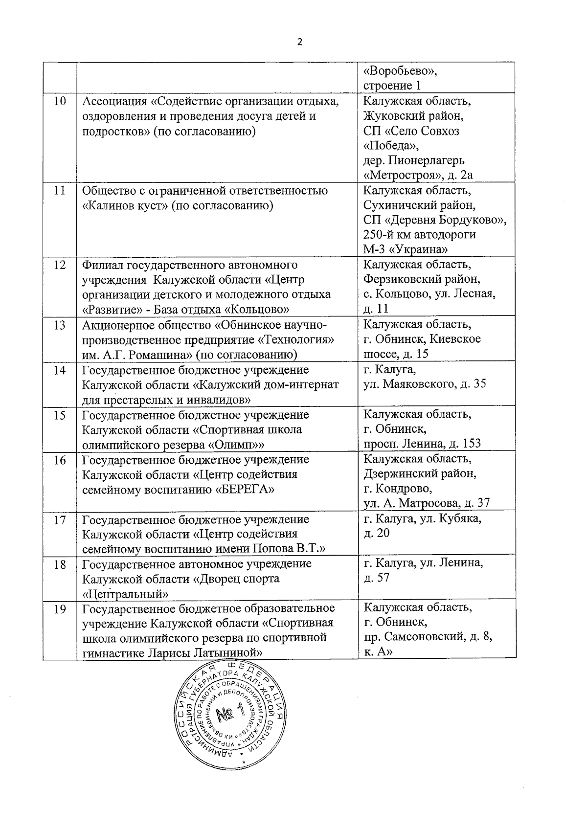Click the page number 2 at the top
300,42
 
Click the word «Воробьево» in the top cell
401,71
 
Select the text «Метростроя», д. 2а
418,175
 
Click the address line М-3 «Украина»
406,249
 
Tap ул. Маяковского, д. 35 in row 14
425,384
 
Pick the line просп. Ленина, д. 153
422,444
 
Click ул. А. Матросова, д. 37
427,503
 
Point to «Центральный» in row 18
126,594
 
